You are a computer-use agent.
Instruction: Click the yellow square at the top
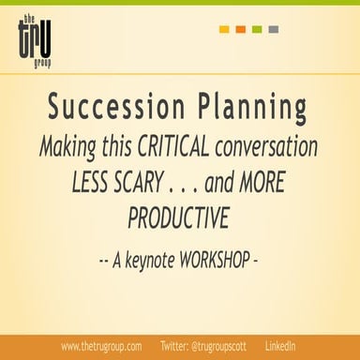coord(224,29)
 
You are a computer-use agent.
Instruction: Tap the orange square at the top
coord(240,29)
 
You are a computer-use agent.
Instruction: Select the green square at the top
coord(256,29)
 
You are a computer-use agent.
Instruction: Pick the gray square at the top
coord(272,29)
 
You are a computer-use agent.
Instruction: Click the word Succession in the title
coord(110,109)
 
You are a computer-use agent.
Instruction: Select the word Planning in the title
coord(251,109)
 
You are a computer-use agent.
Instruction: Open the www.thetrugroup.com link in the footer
coord(101,346)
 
